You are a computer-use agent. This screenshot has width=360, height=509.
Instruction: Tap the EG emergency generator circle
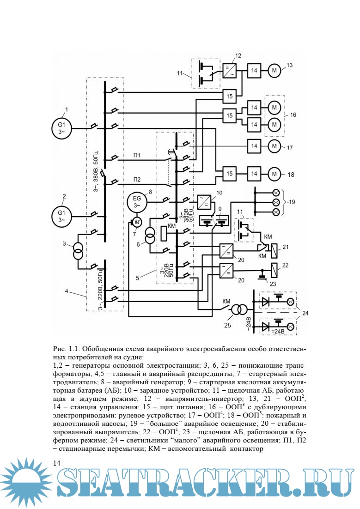pyautogui.click(x=137, y=201)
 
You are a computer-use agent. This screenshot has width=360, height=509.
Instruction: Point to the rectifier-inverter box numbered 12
pyautogui.click(x=230, y=71)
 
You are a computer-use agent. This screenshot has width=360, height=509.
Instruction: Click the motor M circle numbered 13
pyautogui.click(x=276, y=71)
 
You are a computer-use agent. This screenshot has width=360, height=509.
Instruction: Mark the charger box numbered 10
pyautogui.click(x=203, y=202)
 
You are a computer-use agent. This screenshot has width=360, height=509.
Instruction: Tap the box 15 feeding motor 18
pyautogui.click(x=229, y=174)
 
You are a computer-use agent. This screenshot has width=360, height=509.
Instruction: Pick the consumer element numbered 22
pyautogui.click(x=274, y=267)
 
